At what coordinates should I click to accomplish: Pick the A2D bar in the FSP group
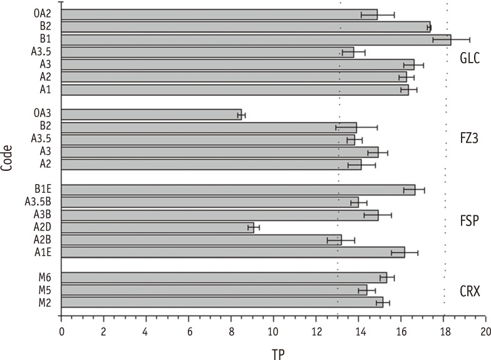pyautogui.click(x=157, y=227)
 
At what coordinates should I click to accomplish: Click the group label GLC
pyautogui.click(x=468, y=58)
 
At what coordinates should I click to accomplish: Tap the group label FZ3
pyautogui.click(x=468, y=138)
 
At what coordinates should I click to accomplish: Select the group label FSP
pyautogui.click(x=468, y=220)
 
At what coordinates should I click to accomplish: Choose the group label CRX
pyautogui.click(x=468, y=290)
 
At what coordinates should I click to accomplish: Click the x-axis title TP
pyautogui.click(x=277, y=353)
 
